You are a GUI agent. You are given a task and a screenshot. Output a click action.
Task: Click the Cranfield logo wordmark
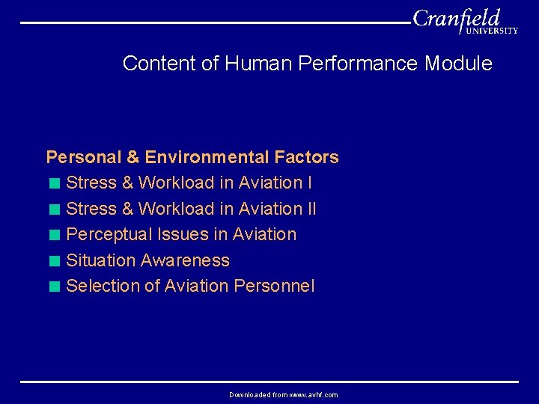click(456, 19)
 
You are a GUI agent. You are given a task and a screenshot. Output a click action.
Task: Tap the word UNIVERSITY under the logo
click(491, 31)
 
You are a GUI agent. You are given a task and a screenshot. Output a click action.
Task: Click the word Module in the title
click(458, 64)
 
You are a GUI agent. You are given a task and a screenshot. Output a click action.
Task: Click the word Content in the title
click(159, 64)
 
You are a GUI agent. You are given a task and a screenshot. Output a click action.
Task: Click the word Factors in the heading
click(306, 157)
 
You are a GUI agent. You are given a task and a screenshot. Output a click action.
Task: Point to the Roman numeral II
click(311, 209)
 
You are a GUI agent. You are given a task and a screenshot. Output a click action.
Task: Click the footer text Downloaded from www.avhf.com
click(283, 394)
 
